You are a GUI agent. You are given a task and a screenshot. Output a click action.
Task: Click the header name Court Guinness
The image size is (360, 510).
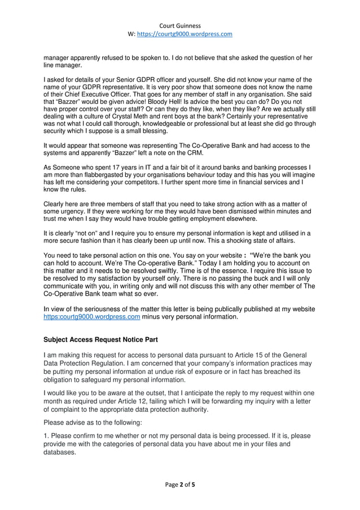coord(180,25)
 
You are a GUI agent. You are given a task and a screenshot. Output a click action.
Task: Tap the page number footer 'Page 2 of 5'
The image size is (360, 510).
coord(180,484)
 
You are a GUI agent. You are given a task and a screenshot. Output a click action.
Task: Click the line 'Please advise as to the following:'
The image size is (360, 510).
coord(95,421)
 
